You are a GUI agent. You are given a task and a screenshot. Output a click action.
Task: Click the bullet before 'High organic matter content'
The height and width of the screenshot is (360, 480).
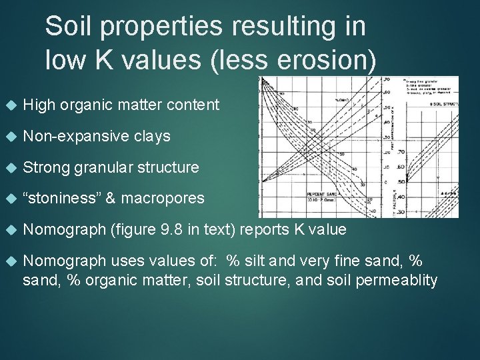pos(9,105)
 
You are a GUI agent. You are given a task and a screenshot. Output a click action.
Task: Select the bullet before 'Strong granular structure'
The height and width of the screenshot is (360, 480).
pos(9,168)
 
